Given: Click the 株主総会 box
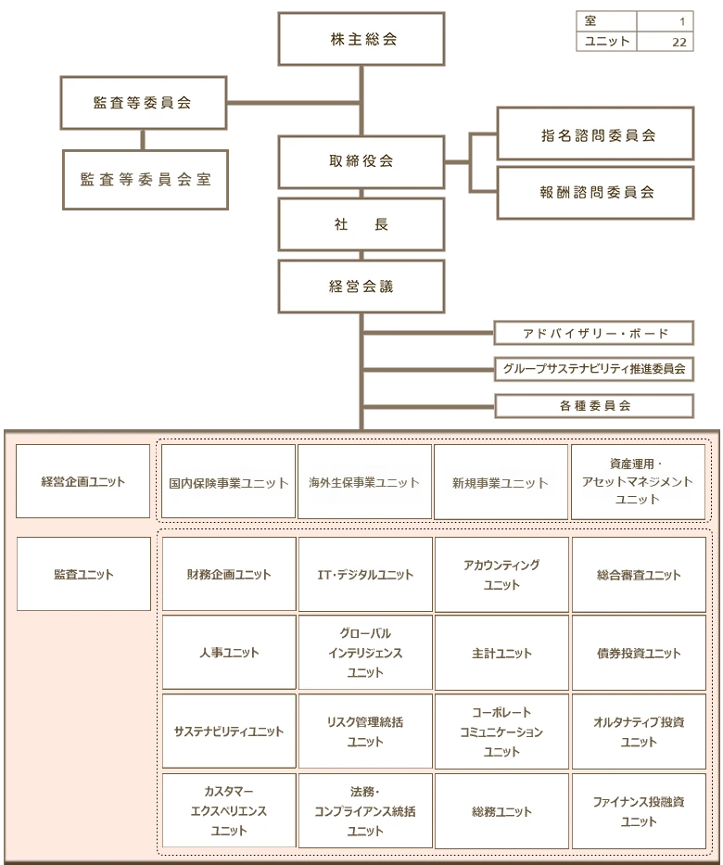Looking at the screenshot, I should [361, 39].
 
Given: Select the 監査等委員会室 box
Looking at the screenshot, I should [145, 180].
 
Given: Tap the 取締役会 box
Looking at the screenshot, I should [361, 161].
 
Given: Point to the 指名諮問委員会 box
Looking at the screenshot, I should [595, 134].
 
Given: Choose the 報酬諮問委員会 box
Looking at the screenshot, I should [595, 193].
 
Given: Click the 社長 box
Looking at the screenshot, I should [361, 224].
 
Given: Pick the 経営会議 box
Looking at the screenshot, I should [361, 286].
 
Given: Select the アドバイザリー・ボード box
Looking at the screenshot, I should [594, 334].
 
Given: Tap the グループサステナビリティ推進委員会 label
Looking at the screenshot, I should [594, 369].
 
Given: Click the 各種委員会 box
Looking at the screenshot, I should [594, 406].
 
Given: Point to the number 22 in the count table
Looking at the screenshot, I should [679, 42].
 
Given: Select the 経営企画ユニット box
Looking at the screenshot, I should [82, 481].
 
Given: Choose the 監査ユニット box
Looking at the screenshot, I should [83, 574].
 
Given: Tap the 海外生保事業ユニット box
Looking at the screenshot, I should [364, 482].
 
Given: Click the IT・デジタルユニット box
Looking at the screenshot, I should [365, 575].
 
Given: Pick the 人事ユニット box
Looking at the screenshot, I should [229, 653].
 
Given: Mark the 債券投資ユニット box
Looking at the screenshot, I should [639, 653].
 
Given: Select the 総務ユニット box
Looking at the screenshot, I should [501, 811].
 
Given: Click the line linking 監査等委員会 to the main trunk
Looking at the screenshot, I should [292, 100].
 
